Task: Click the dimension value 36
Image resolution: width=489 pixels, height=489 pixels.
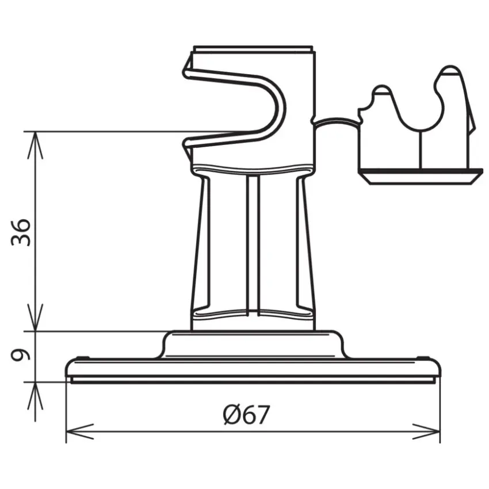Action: pyautogui.click(x=22, y=232)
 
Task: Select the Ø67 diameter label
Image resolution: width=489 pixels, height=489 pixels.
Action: pyautogui.click(x=246, y=414)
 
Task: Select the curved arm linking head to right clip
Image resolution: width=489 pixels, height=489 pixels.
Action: pyautogui.click(x=337, y=121)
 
